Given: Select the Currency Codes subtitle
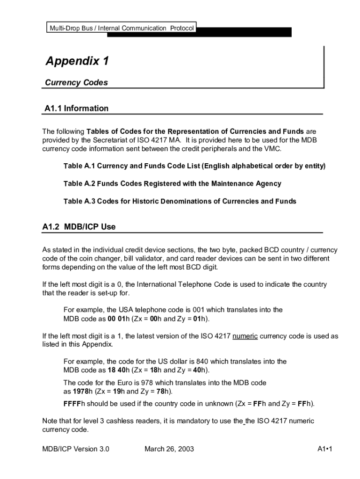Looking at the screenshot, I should tap(76, 83).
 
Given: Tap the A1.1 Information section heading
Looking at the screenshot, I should tap(76, 109).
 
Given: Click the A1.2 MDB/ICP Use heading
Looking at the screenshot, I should tap(79, 227).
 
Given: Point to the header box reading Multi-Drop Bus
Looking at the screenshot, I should tap(121, 28).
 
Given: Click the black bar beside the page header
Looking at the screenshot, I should tap(243, 32).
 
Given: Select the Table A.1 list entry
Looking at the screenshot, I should tap(194, 166).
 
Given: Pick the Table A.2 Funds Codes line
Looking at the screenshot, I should tap(172, 183).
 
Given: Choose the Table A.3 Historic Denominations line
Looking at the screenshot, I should tap(180, 201).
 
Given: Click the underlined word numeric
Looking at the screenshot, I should tap(245, 336).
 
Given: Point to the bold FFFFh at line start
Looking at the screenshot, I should tap(72, 403).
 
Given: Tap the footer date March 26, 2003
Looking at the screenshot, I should tap(169, 450).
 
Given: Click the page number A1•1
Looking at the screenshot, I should tap(324, 450).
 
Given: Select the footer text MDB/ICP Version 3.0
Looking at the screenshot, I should tap(76, 450).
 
